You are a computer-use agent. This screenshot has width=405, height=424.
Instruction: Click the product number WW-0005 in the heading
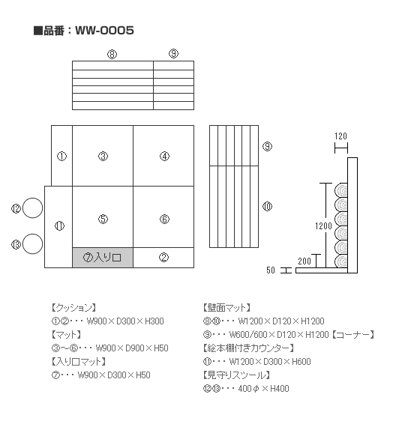coord(104,30)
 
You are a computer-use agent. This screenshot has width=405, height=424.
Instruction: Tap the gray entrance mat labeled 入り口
coord(103,258)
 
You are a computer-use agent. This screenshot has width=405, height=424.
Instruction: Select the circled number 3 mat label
coord(103,156)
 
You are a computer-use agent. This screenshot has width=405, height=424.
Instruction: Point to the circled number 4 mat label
coord(164,156)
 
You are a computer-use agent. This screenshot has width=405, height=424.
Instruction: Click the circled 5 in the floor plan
coord(103,219)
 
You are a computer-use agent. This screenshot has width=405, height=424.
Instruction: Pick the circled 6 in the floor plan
coord(164,219)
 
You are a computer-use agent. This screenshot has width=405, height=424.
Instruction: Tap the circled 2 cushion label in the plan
coord(163,258)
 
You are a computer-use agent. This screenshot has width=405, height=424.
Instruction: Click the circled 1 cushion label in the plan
coord(61,156)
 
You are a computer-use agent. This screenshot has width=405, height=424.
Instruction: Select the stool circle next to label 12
coord(32,208)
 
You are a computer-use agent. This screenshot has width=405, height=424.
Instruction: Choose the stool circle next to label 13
coord(32,244)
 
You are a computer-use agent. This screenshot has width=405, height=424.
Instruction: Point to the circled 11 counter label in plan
coord(59,225)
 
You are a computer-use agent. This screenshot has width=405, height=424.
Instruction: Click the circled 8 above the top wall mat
coord(112,54)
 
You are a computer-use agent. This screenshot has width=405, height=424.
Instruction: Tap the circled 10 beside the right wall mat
coord(268,207)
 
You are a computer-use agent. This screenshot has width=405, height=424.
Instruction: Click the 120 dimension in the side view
coord(340,136)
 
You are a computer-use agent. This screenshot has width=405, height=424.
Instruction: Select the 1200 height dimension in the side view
coord(323,225)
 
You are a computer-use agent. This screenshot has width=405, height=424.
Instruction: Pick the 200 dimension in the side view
coord(304,261)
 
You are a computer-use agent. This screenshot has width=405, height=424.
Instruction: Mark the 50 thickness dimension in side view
coord(271,270)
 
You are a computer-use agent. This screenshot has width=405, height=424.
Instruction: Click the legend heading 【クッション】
coord(73,308)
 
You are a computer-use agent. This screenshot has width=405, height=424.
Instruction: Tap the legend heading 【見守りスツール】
coord(236,375)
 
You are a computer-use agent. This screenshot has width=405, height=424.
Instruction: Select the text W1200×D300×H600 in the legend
coord(270,362)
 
